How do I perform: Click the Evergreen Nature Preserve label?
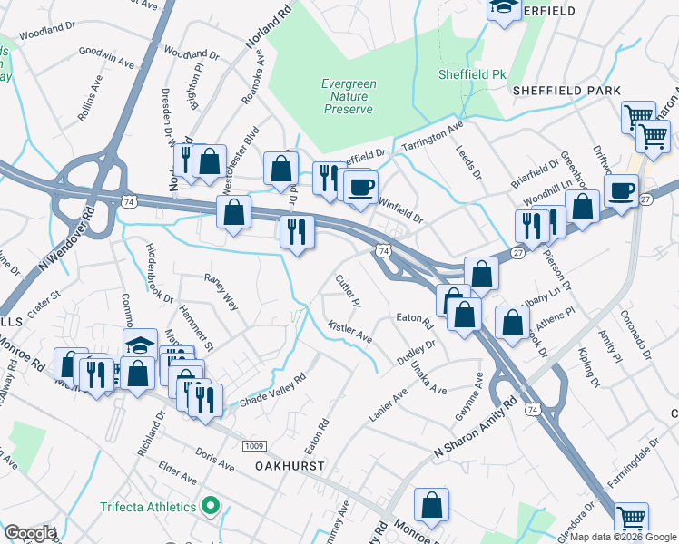pyautogui.click(x=348, y=96)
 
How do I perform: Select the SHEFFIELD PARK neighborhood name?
pyautogui.click(x=566, y=91)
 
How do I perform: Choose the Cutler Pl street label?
pyautogui.click(x=349, y=290)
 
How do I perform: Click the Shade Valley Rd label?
pyautogui.click(x=272, y=393)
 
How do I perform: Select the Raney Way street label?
pyautogui.click(x=221, y=292)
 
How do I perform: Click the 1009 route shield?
pyautogui.click(x=253, y=445)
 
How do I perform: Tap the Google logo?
pyautogui.click(x=30, y=533)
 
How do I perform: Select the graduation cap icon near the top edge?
pyautogui.click(x=503, y=8)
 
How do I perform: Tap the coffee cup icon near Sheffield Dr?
pyautogui.click(x=362, y=186)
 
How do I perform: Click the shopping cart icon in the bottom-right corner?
pyautogui.click(x=632, y=519)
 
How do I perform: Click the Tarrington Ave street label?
pyautogui.click(x=433, y=137)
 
